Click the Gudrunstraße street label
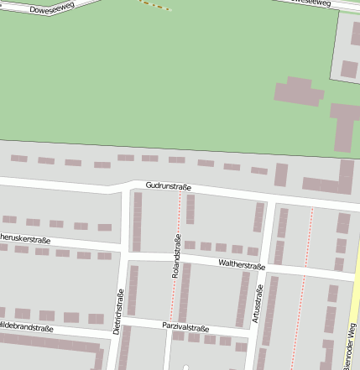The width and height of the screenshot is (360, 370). point(168,185)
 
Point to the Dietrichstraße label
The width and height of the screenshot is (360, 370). point(119,311)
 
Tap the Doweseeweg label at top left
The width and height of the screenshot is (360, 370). point(52,10)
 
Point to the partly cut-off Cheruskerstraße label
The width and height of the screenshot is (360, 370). point(23,238)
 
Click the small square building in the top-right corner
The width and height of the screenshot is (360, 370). point(349,69)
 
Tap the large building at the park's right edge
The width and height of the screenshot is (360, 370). point(344,126)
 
